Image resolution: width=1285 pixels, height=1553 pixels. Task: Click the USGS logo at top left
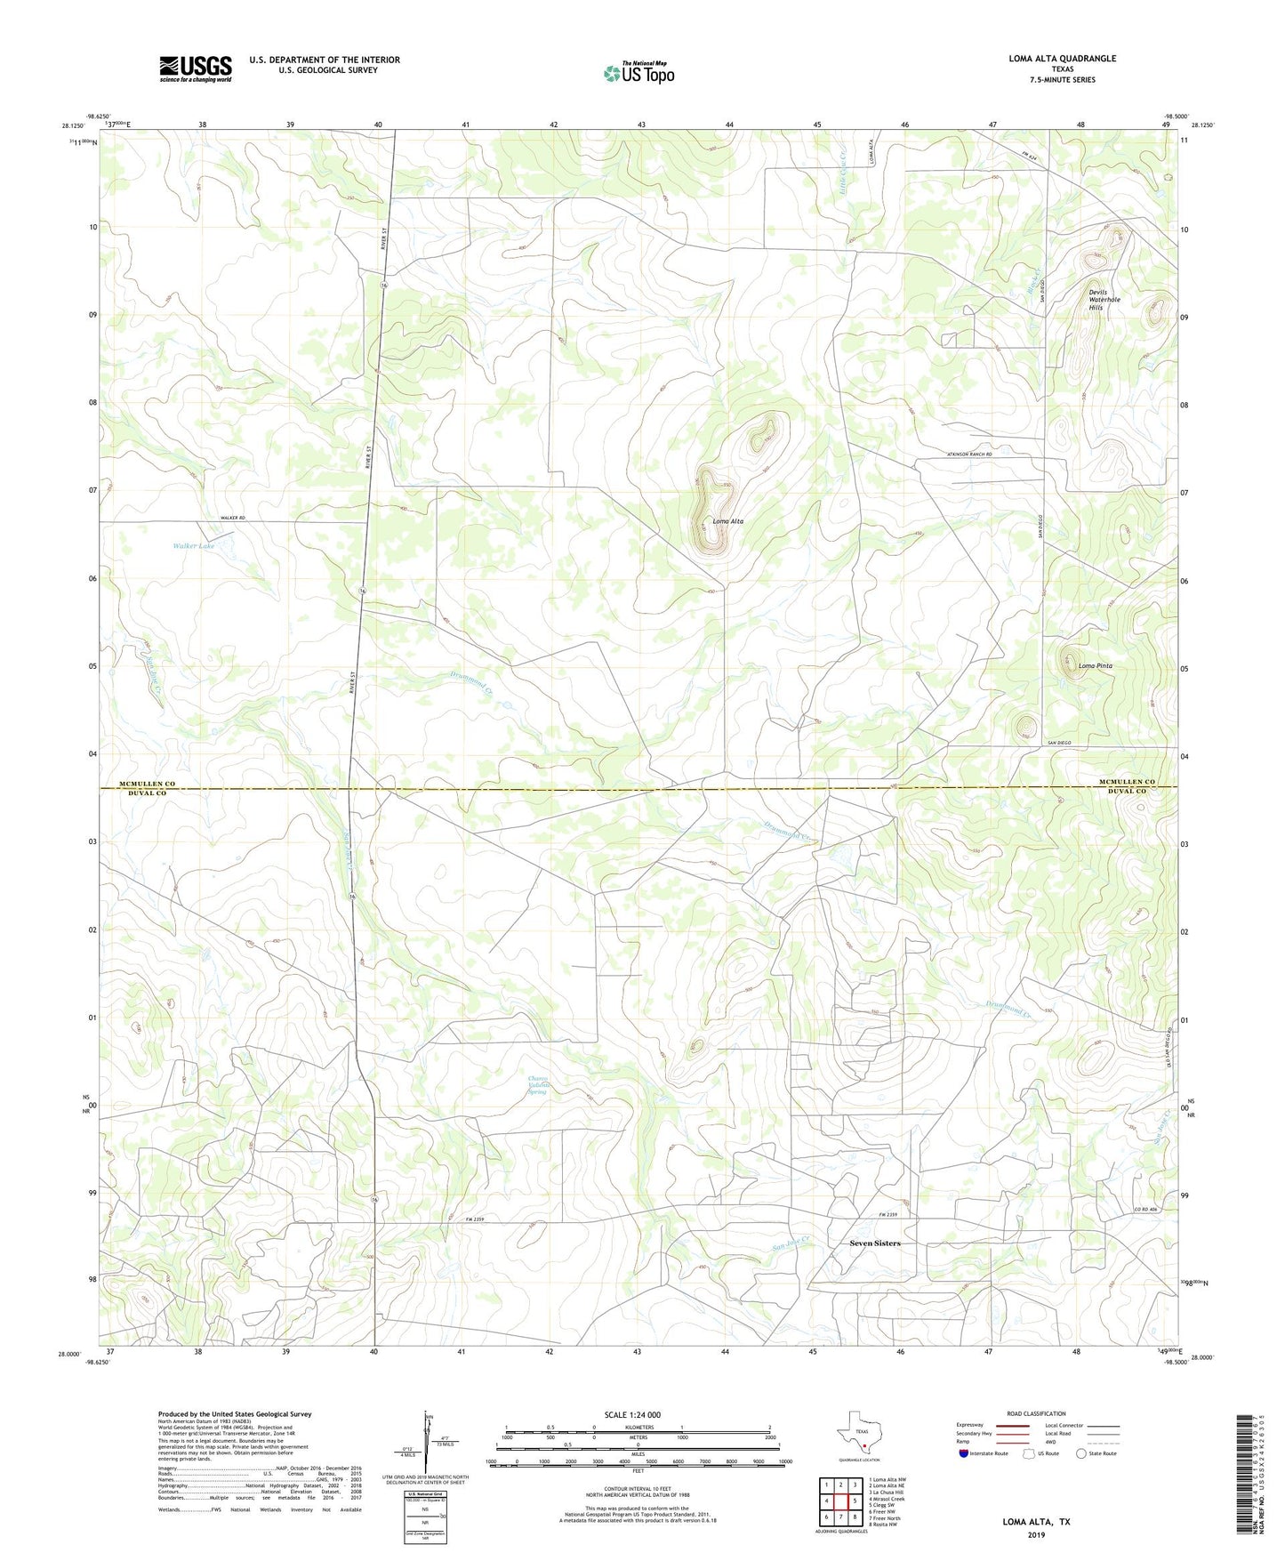pyautogui.click(x=196, y=68)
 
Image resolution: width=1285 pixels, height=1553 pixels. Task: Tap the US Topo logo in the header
pyautogui.click(x=638, y=73)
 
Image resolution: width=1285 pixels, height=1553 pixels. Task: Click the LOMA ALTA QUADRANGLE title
pyautogui.click(x=1062, y=59)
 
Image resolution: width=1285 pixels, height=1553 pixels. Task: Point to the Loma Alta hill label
pyautogui.click(x=728, y=521)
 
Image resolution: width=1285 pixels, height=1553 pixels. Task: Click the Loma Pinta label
pyautogui.click(x=1095, y=665)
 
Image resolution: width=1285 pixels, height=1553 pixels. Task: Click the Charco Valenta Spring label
pyautogui.click(x=537, y=1085)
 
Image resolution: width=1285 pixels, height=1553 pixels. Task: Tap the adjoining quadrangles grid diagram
pyautogui.click(x=839, y=1501)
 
